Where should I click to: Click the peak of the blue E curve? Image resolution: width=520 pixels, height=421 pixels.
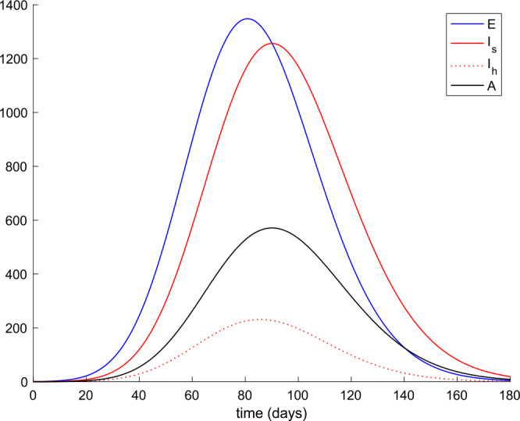click(247, 19)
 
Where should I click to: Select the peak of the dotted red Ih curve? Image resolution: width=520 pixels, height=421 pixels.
click(261, 319)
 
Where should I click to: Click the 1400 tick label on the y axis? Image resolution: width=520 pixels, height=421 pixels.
click(14, 6)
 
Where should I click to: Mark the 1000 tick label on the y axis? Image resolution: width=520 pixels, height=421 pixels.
click(14, 113)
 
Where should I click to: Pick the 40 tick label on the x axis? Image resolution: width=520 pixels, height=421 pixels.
click(139, 395)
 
